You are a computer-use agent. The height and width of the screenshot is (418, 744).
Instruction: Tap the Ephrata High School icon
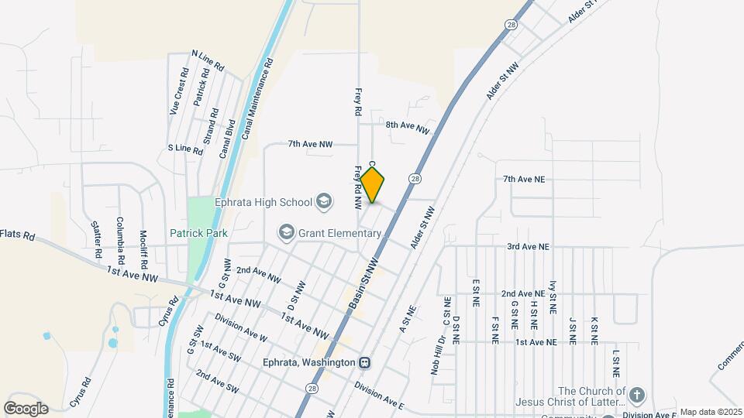coord(324,203)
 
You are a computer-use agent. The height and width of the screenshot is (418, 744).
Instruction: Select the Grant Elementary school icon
coord(287,232)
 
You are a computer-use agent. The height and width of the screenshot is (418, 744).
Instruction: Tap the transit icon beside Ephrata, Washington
coord(364,362)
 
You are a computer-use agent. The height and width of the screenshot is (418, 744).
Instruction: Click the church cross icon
coord(636,396)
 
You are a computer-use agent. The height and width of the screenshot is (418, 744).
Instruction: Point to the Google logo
coord(26,409)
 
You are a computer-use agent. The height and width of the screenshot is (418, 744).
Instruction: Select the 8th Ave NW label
coord(407,125)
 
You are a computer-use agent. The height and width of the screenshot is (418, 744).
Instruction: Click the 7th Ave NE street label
coord(524,180)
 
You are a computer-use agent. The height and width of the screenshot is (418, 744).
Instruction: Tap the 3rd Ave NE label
coord(528,247)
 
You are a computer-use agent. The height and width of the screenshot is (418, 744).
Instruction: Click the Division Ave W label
coord(241,327)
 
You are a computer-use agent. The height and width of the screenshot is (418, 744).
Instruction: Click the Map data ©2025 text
coord(711,413)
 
